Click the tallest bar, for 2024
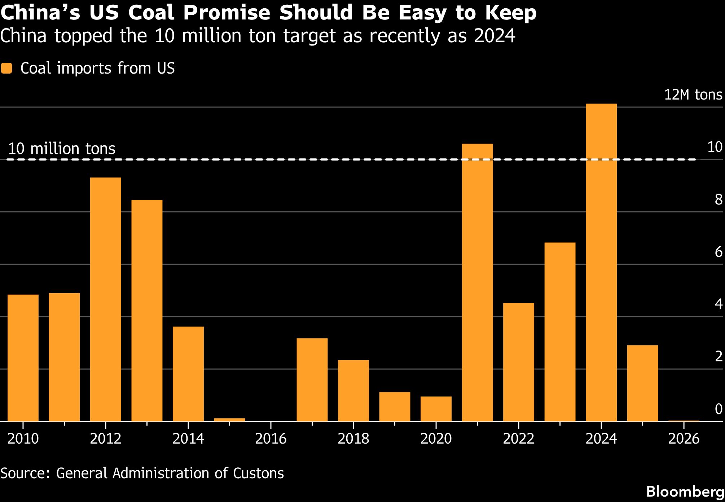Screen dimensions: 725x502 coord(601,263)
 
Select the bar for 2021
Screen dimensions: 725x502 coord(477,282)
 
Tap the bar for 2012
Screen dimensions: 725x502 coord(106,299)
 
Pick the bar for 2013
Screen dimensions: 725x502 coord(147,311)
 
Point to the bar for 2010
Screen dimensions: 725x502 coord(23,358)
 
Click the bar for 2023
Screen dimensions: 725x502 coord(560,332)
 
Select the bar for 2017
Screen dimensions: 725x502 coord(312,380)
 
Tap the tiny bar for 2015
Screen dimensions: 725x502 coord(229,420)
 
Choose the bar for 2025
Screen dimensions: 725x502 coord(642,383)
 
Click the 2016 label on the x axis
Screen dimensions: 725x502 coord(271,439)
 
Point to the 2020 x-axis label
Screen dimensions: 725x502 coord(436,439)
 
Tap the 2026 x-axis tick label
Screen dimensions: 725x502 coord(684,439)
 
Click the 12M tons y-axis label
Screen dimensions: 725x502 coord(693,95)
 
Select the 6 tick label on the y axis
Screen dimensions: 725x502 coord(719,252)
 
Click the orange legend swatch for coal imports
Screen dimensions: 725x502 coord(6,68)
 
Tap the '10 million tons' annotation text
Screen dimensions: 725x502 coord(62,149)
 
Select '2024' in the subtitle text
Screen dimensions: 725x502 coord(495,36)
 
